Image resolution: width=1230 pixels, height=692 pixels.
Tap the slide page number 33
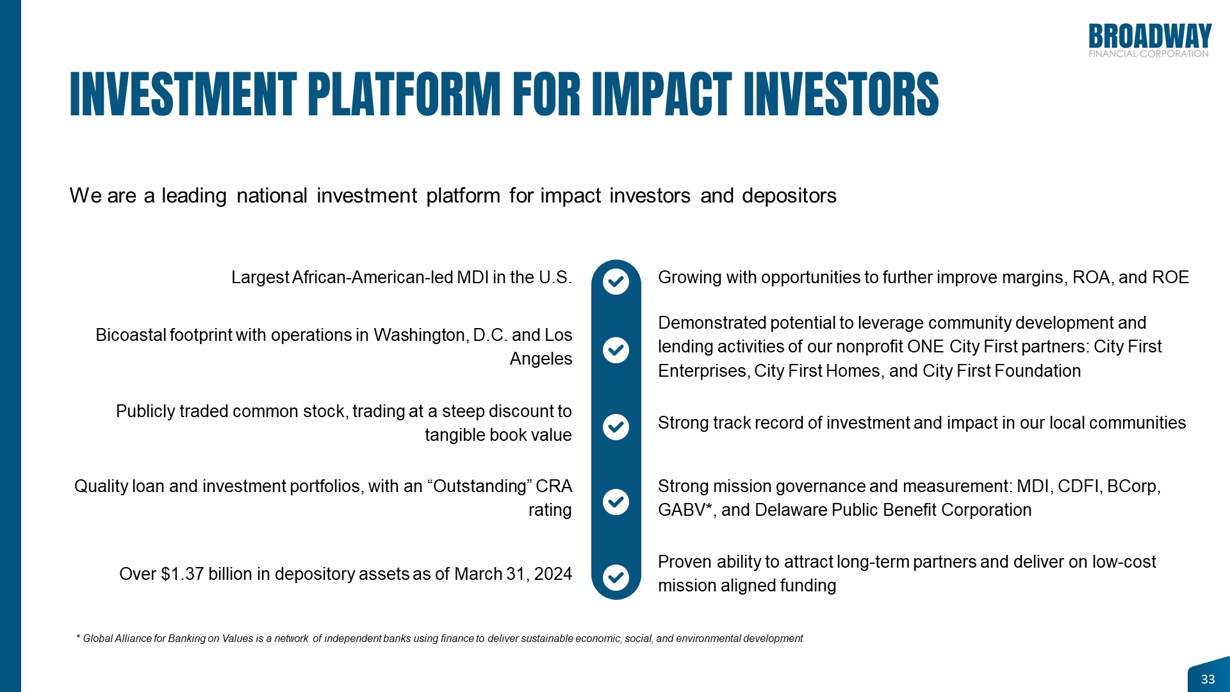[x=1208, y=679]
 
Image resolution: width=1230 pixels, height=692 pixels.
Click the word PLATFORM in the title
[x=404, y=94]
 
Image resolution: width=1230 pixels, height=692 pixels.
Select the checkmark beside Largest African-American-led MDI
[x=616, y=281]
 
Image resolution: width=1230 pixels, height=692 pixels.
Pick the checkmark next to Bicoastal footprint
[x=616, y=350]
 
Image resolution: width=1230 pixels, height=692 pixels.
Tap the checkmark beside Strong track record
[x=616, y=427]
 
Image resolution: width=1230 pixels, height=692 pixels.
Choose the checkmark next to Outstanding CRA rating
[x=616, y=502]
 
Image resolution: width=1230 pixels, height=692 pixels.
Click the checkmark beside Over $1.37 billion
[x=616, y=577]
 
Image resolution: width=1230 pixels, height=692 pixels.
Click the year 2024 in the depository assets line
[x=553, y=574]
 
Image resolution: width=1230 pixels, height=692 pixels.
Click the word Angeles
[x=541, y=359]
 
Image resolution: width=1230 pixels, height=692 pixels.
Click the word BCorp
[x=1133, y=486]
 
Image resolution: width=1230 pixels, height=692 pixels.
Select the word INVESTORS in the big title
[x=841, y=94]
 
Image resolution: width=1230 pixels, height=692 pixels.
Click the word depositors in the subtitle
[x=789, y=195]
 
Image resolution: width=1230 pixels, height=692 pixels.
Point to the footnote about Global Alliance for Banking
[x=439, y=639]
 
